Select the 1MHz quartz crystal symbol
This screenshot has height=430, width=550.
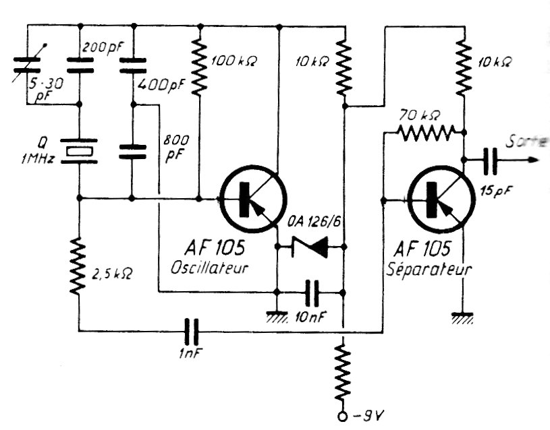click(79, 150)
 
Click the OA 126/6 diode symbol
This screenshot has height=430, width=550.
click(310, 247)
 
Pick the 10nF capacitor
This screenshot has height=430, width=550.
click(311, 293)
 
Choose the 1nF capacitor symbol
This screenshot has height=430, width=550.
click(192, 331)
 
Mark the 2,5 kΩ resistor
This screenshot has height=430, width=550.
click(79, 266)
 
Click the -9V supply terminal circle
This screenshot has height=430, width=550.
click(343, 417)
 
